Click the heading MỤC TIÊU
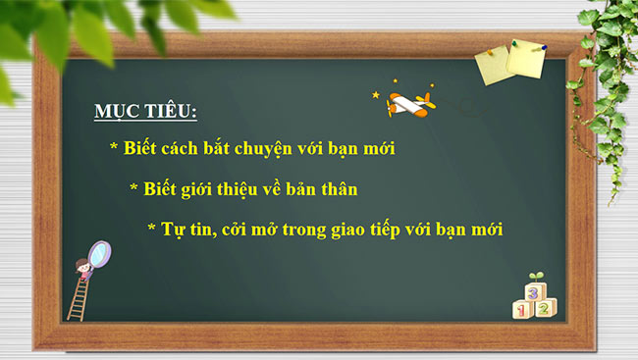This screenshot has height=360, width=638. [x=145, y=112]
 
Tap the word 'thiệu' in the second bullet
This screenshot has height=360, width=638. [x=258, y=187]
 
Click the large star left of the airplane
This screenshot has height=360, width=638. [x=376, y=95]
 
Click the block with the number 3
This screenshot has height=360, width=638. [x=533, y=291]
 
